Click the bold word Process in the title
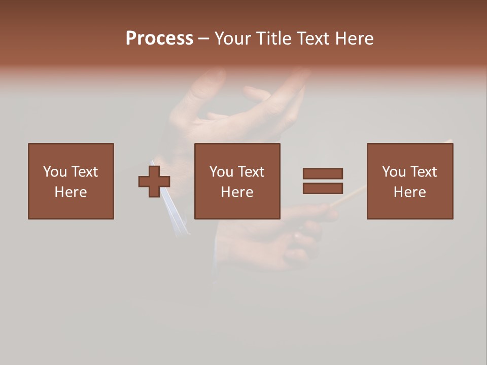coord(159,39)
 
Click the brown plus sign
coord(154,181)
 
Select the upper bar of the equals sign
coord(323,174)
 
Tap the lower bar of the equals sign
coord(323,188)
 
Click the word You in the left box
coord(55,172)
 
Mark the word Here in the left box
coord(71,192)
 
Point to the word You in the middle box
coord(221,172)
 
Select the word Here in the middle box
coord(237,192)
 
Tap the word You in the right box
coord(394,172)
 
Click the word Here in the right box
coord(409,192)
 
